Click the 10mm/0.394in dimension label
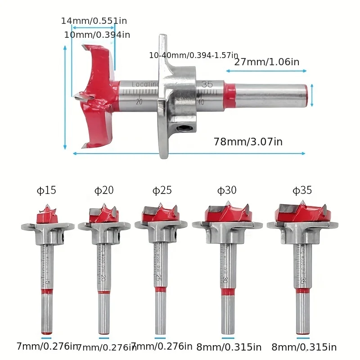point(97,35)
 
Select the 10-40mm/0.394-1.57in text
point(193,55)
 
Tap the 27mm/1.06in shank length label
point(266,62)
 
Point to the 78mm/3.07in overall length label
point(248,142)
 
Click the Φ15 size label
point(46,190)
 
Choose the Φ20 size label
point(104,190)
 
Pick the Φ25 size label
point(162,190)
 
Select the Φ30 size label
point(227,190)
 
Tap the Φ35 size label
point(302,190)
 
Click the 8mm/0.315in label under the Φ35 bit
point(304,347)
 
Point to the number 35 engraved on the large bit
point(207,84)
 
